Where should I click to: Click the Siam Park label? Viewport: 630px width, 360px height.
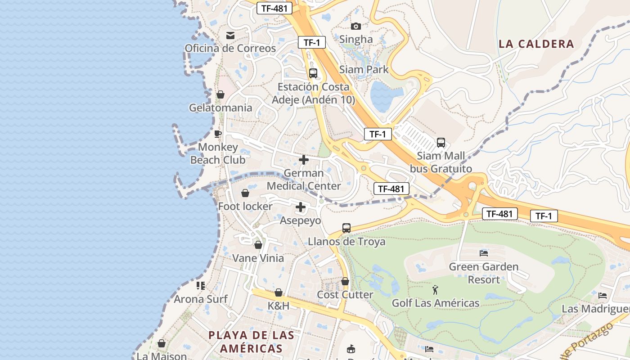(364, 70)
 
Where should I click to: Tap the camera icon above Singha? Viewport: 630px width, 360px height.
(356, 26)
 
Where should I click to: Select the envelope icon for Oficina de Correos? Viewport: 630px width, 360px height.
(230, 35)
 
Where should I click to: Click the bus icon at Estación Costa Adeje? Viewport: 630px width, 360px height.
(313, 73)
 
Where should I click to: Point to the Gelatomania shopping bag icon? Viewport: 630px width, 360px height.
(220, 94)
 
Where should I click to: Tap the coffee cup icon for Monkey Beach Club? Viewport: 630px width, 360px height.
(218, 134)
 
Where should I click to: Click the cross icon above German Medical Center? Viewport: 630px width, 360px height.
(304, 160)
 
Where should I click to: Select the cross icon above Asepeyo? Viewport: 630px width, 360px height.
(301, 207)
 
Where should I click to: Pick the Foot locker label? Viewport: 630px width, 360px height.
(245, 207)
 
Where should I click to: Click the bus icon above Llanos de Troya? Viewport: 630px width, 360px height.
(346, 228)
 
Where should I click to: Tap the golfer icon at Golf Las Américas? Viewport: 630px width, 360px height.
(435, 290)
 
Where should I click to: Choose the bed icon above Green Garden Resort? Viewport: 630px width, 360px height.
(484, 253)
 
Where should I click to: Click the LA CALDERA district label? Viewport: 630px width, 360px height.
(536, 44)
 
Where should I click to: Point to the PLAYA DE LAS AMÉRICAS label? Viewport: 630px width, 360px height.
(252, 342)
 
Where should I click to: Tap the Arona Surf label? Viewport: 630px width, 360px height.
(201, 299)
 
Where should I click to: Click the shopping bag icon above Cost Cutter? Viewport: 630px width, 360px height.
(345, 281)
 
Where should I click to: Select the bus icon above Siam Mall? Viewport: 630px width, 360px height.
(441, 143)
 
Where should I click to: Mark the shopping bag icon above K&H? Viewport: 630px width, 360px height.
(279, 292)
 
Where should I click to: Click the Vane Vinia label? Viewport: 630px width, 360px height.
(258, 258)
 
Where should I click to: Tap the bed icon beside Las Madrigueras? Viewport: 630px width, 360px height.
(603, 296)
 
